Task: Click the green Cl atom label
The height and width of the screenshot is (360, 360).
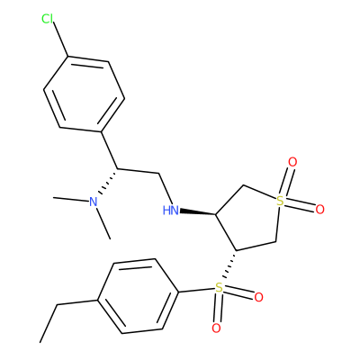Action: point(47,19)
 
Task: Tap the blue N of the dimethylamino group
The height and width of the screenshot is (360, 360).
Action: point(94,202)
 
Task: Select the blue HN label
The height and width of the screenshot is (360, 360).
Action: point(170,211)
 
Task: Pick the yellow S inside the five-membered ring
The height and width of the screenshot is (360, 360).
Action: point(280,201)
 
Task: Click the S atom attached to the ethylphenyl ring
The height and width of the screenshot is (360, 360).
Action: point(220,288)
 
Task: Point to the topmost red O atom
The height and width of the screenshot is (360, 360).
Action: point(292,162)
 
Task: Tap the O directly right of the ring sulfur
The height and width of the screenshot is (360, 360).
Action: point(319,209)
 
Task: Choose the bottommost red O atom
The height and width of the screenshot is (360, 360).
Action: point(216,328)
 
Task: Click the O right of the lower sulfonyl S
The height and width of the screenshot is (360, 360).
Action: point(258,297)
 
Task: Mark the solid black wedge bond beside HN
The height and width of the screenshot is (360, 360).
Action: point(198,212)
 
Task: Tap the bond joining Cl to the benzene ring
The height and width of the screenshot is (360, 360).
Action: point(61,40)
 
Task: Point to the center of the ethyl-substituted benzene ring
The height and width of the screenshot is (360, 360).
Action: point(139,296)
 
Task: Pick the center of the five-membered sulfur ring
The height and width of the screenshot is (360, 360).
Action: point(250,218)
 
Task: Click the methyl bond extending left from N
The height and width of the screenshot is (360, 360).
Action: point(71,199)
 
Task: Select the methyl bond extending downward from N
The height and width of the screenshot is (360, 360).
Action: point(103,223)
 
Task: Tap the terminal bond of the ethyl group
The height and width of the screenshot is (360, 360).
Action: point(49,323)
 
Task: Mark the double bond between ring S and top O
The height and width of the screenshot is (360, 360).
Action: point(285,181)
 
